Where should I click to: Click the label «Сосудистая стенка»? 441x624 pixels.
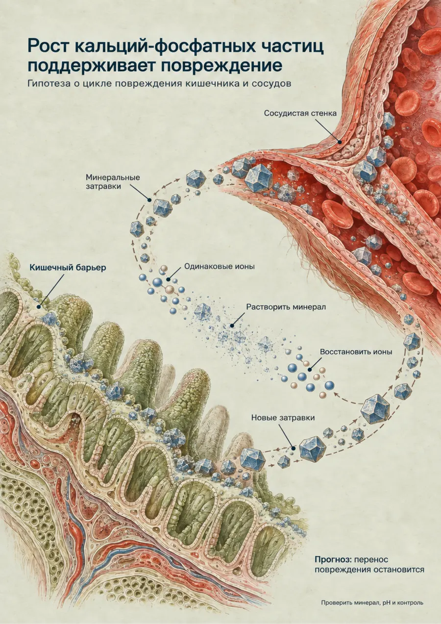tap(300, 114)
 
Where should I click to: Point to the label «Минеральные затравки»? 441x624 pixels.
tap(113, 182)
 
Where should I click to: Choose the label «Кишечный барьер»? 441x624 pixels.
tap(68, 268)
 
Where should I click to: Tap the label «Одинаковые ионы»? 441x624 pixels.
tap(220, 267)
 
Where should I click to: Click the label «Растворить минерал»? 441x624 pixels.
tap(286, 307)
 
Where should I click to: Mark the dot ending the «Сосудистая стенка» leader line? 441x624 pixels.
tap(340, 142)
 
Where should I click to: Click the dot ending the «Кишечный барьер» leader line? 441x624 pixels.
tap(39, 306)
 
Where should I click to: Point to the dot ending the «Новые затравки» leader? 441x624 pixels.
tap(293, 448)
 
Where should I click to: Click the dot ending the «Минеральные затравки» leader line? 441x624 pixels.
tap(149, 200)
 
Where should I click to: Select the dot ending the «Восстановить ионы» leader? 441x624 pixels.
tap(310, 370)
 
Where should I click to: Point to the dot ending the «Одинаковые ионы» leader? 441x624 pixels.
tap(168, 279)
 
